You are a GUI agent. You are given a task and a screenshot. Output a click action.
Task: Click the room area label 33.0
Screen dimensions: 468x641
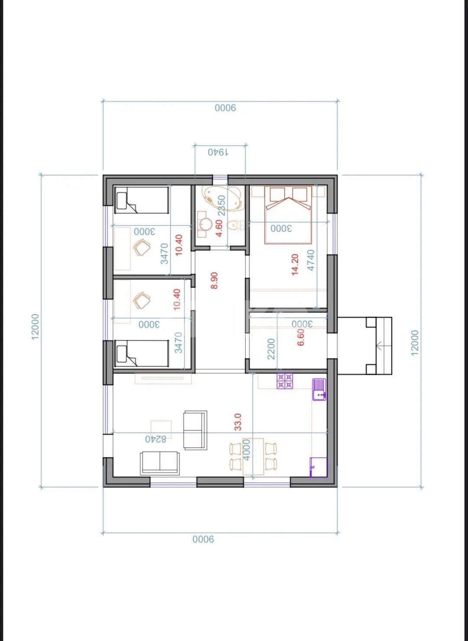238,430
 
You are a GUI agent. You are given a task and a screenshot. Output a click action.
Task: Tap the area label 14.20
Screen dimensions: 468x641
295,264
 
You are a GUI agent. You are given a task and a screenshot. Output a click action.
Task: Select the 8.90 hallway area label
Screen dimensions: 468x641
214,280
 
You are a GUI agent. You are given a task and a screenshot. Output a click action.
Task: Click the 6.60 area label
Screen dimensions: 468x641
301,337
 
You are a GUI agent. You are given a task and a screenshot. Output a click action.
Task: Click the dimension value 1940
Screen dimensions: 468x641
218,152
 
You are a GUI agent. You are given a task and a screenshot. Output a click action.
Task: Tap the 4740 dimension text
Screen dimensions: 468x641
311,260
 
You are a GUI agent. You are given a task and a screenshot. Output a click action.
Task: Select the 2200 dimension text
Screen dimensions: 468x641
271,349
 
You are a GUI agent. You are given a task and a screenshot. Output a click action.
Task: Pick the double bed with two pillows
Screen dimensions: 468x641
289,215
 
